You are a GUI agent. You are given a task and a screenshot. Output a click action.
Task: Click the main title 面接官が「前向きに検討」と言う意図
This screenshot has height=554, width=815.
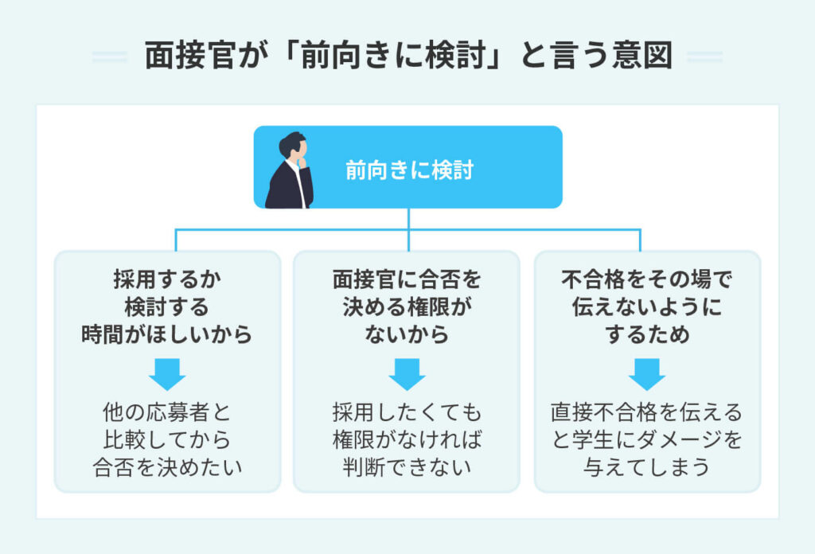coord(407,57)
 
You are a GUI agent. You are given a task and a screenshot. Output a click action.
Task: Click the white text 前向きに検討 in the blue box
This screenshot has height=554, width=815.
coord(409,170)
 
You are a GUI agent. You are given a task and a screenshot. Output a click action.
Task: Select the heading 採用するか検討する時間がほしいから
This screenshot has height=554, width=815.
coord(167,308)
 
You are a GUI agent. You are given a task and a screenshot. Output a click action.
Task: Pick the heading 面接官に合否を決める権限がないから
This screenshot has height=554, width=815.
coord(407,308)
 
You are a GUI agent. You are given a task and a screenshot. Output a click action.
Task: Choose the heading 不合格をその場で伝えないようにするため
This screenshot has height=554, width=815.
coord(646,308)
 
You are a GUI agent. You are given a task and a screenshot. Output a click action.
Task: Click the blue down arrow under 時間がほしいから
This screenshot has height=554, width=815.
coord(167,372)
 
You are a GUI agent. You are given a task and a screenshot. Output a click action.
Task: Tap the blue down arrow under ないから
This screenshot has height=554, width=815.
coord(407,372)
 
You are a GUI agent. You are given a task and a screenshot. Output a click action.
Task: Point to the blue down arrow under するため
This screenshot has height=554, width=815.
coord(646,372)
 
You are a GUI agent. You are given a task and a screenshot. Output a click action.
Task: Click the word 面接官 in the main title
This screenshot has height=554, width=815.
coord(182,57)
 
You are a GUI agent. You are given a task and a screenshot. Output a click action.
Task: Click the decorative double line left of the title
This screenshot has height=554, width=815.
coord(109,57)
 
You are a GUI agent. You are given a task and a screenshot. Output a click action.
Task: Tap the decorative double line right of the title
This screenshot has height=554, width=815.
coord(704,57)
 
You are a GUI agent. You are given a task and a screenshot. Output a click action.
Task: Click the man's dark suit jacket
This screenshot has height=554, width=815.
coord(285,189)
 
